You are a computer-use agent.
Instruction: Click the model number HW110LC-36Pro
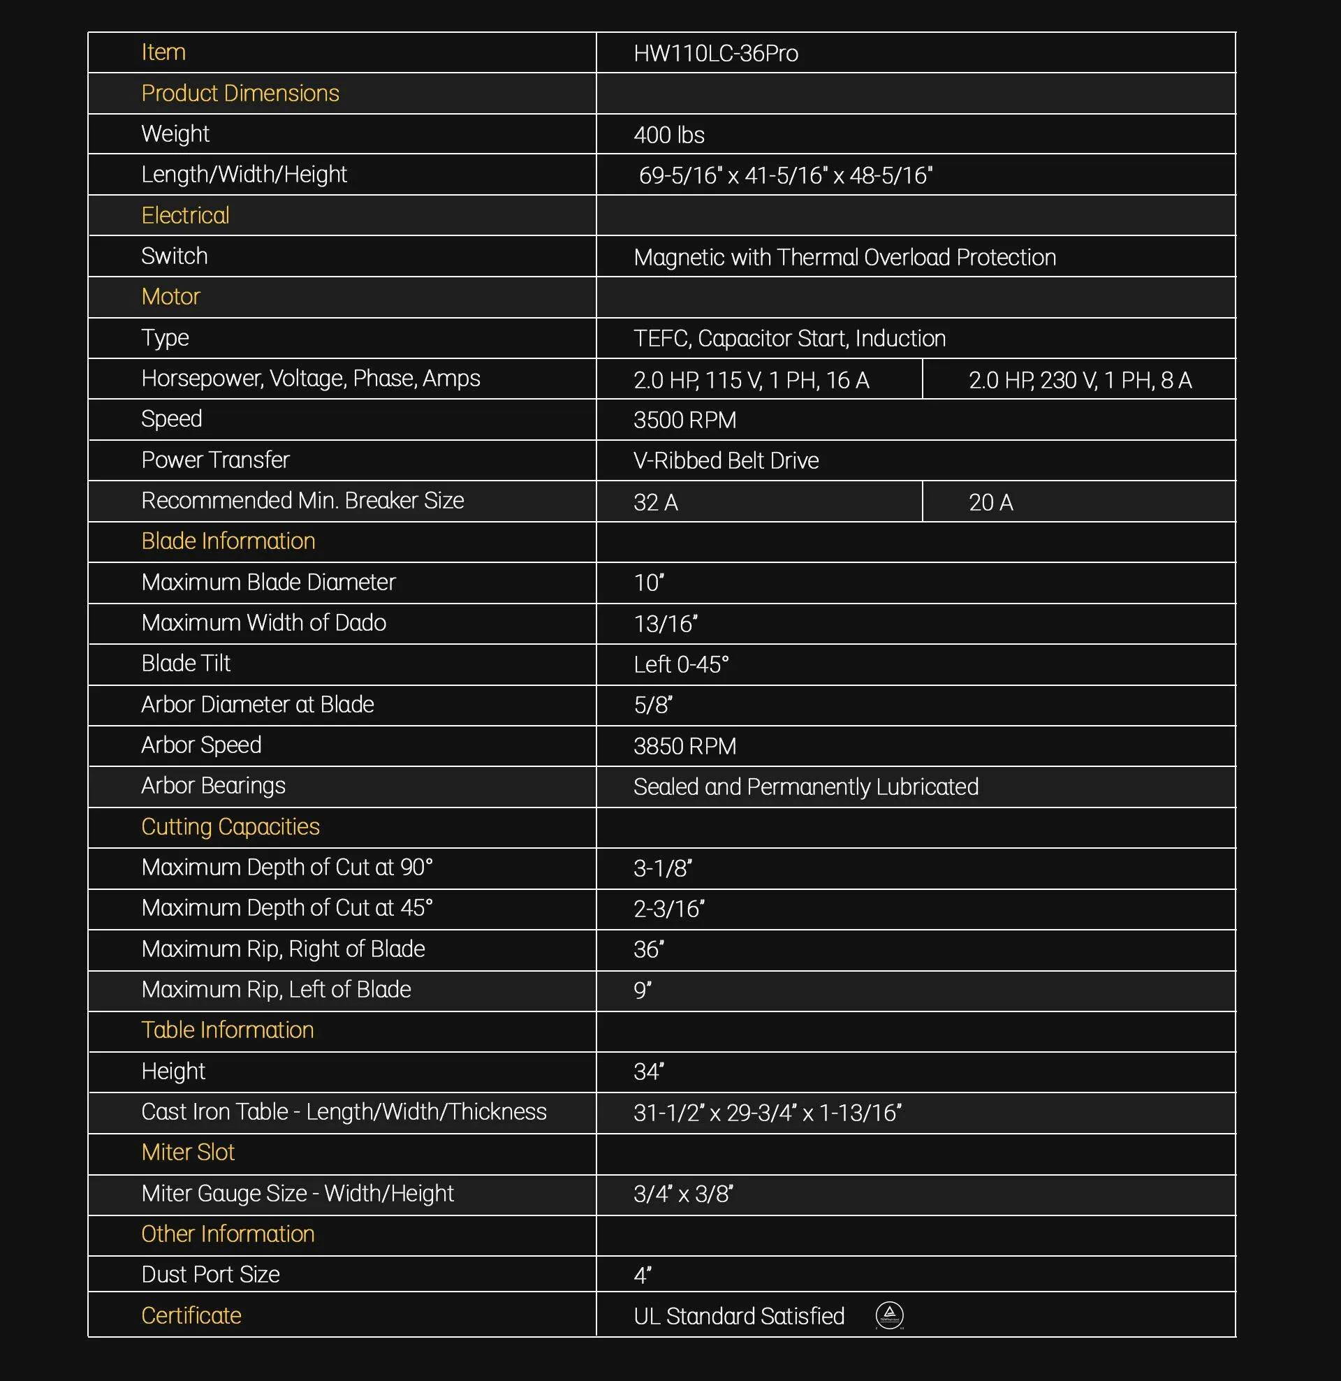[x=715, y=54]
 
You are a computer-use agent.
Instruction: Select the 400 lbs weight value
[x=668, y=135]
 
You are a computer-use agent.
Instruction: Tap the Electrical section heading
[x=185, y=216]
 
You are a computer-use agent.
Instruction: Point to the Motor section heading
[x=170, y=297]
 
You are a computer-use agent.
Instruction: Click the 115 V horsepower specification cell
[x=752, y=381]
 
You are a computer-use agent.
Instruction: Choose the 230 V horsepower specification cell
[x=1080, y=381]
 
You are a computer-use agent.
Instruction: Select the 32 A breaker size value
[x=655, y=502]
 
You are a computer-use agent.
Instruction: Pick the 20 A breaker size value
[x=991, y=502]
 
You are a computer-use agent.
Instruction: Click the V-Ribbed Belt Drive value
[x=726, y=461]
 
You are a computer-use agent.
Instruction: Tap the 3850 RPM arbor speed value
[x=684, y=746]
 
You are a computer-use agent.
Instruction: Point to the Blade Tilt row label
[x=186, y=664]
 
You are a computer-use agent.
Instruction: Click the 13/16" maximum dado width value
[x=665, y=624]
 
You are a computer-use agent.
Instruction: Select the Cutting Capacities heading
[x=230, y=826]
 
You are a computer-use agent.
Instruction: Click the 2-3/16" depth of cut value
[x=668, y=909]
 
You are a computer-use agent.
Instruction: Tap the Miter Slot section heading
[x=188, y=1153]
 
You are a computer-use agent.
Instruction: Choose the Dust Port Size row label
[x=211, y=1275]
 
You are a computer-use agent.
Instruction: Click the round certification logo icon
[x=889, y=1315]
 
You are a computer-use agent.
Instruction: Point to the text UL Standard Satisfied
[x=738, y=1316]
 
